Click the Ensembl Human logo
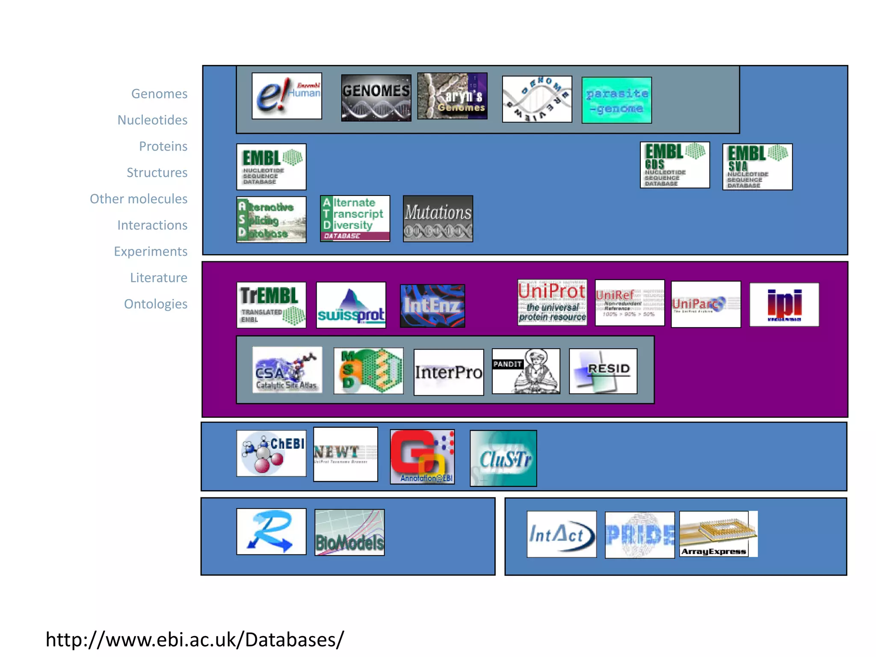click(x=287, y=96)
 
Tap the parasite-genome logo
click(x=616, y=100)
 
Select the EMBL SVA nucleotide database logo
click(x=757, y=167)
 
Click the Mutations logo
click(x=438, y=219)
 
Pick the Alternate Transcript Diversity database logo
click(x=355, y=219)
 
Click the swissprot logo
click(x=351, y=305)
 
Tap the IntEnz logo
click(x=432, y=306)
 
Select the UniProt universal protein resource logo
click(x=552, y=302)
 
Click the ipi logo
click(x=784, y=305)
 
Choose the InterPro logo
click(x=448, y=372)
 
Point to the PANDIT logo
click(x=526, y=371)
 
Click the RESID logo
click(x=603, y=371)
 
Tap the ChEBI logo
click(x=271, y=453)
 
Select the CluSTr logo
click(x=503, y=458)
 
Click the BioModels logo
click(x=349, y=532)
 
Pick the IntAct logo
click(x=561, y=534)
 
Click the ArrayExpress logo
click(x=718, y=534)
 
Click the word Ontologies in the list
click(x=156, y=304)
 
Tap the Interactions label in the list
click(x=152, y=225)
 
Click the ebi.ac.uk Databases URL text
click(x=195, y=639)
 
